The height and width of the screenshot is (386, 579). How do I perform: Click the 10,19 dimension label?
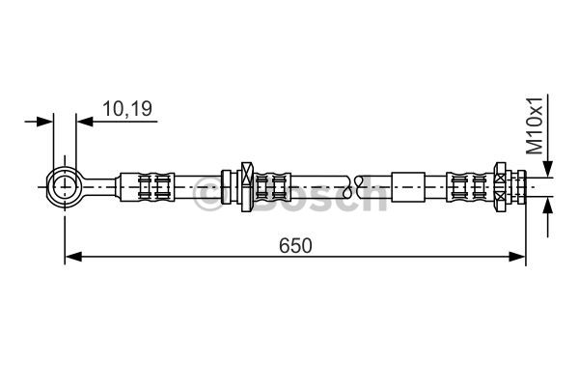click(x=127, y=109)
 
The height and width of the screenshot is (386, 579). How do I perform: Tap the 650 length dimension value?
click(x=295, y=246)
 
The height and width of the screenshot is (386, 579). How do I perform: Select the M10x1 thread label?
click(x=535, y=125)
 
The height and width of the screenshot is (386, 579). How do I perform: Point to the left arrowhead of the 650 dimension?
click(x=73, y=257)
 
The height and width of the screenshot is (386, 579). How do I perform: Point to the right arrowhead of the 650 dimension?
click(x=517, y=257)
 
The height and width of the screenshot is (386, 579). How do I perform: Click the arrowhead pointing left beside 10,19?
click(x=85, y=122)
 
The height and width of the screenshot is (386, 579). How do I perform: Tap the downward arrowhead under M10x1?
click(x=548, y=169)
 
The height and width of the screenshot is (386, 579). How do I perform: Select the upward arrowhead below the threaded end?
click(x=548, y=207)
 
